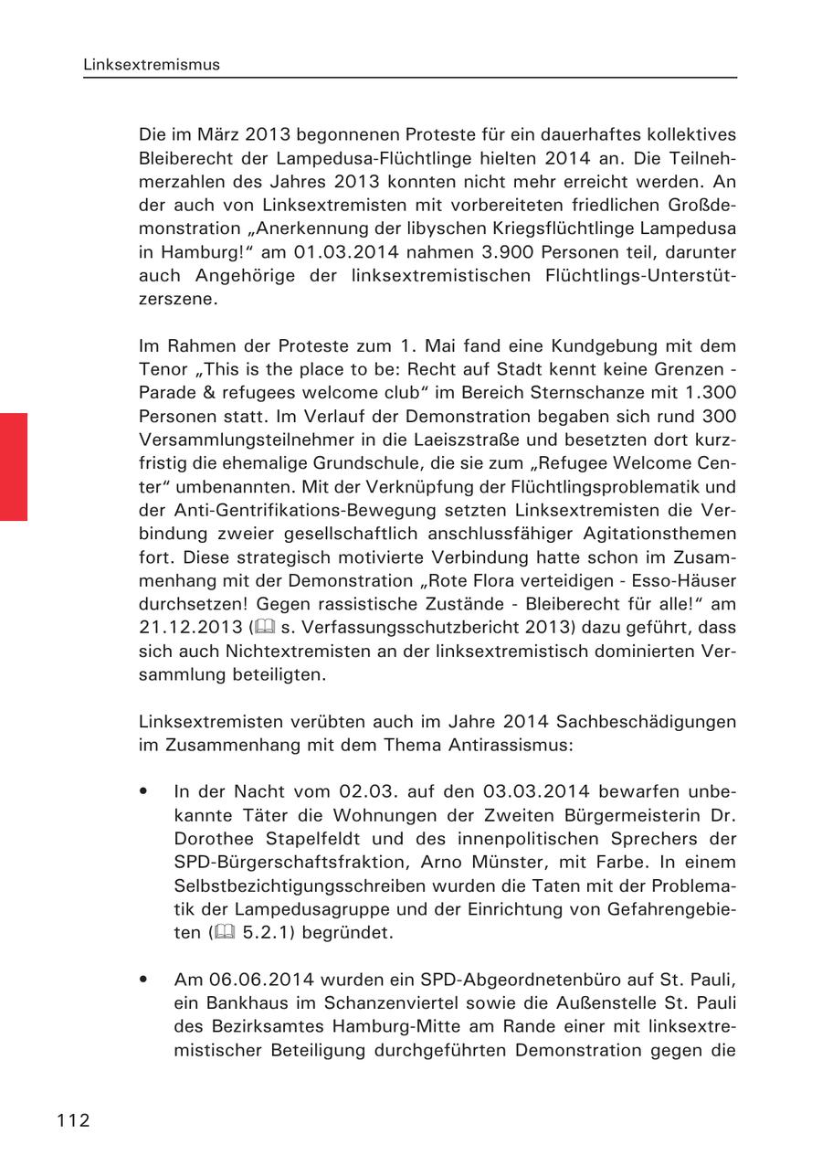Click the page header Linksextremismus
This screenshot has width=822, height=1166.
pyautogui.click(x=151, y=65)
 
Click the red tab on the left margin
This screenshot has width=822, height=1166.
pyautogui.click(x=14, y=466)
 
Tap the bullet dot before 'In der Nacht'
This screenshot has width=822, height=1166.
pyautogui.click(x=144, y=790)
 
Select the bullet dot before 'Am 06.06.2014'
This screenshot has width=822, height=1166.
pyautogui.click(x=144, y=980)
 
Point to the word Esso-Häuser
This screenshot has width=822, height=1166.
pyautogui.click(x=684, y=581)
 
